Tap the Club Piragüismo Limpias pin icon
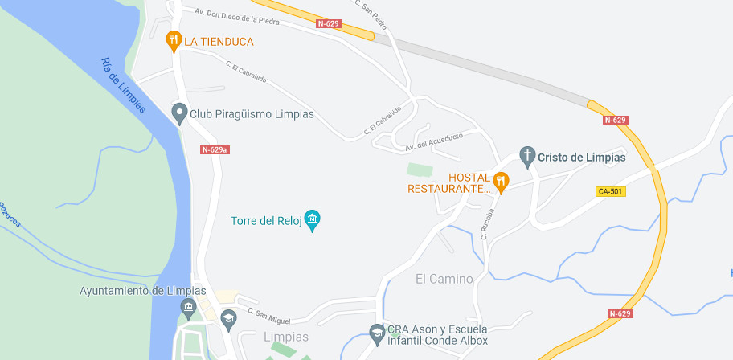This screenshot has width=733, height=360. pyautogui.click(x=179, y=113)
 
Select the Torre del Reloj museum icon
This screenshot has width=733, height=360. pyautogui.click(x=313, y=219)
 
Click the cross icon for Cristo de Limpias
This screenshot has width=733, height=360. pyautogui.click(x=527, y=156)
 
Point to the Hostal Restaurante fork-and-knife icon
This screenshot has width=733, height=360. pyautogui.click(x=501, y=182)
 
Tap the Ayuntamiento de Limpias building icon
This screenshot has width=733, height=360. pyautogui.click(x=188, y=306)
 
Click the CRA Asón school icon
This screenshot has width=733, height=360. pyautogui.click(x=376, y=331)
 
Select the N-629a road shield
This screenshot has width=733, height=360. pyautogui.click(x=215, y=149)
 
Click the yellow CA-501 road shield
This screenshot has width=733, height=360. pyautogui.click(x=611, y=191)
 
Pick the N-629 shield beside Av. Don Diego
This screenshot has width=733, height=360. pyautogui.click(x=329, y=23)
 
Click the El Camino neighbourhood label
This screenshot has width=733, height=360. pyautogui.click(x=444, y=279)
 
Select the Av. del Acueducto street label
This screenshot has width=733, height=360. pyautogui.click(x=434, y=141)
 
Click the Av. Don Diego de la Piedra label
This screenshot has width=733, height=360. pyautogui.click(x=237, y=16)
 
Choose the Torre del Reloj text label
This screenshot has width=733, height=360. pyautogui.click(x=266, y=221)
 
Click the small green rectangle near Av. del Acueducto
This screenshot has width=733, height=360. pyautogui.click(x=420, y=170)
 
